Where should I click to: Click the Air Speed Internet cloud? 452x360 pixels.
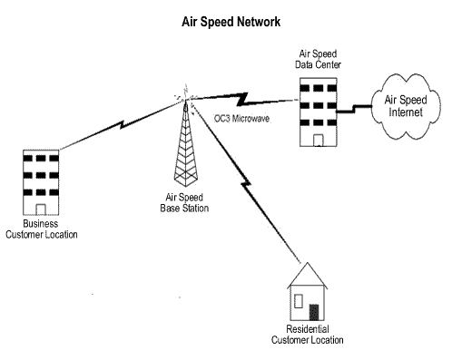[x=405, y=105]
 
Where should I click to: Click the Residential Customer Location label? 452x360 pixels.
[x=308, y=336]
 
